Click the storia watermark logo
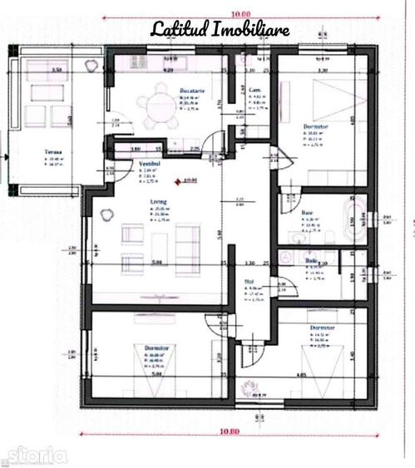coord(35,454)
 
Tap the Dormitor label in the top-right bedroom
coord(316,126)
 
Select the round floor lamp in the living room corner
coord(106,214)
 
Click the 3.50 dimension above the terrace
coord(57,71)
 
